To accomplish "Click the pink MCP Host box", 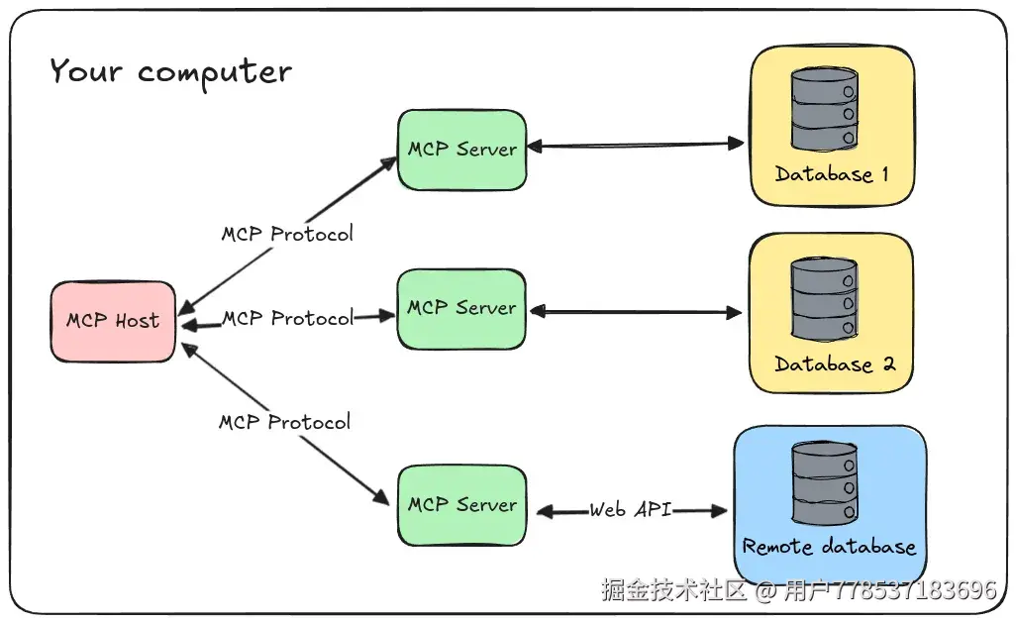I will (113, 321).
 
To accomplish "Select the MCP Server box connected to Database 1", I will (461, 150).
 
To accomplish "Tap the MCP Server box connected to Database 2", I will (461, 308).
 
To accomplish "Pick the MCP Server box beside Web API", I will (461, 505).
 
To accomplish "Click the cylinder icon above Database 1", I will (824, 111).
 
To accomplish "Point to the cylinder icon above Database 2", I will (824, 300).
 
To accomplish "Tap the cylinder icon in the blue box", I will (824, 484).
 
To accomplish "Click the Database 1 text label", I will (831, 175).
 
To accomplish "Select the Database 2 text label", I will (834, 364).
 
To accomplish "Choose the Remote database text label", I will (829, 547).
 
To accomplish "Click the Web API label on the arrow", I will (631, 510).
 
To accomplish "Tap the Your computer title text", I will (170, 71).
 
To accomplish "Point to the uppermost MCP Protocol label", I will (286, 235).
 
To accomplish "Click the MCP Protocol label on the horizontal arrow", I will (287, 318).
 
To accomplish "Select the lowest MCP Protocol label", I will (284, 422).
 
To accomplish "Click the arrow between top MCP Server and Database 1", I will (634, 146).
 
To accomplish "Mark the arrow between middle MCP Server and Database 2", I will (634, 312).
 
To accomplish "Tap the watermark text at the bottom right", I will (798, 591).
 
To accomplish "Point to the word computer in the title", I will (214, 72).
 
